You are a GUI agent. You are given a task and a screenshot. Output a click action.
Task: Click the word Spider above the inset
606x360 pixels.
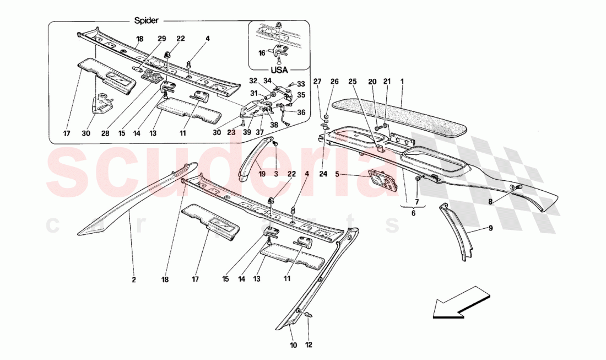(147, 20)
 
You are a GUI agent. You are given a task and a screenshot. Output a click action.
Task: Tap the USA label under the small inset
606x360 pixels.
(279, 71)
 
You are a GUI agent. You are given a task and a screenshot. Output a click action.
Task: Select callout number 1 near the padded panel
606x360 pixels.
(402, 82)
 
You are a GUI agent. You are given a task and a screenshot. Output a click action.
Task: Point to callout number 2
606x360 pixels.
(133, 280)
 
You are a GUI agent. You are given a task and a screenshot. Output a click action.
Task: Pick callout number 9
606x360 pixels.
(490, 227)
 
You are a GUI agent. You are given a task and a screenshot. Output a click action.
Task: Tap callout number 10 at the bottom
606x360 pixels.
(293, 346)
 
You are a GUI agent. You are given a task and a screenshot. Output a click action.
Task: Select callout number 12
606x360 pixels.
(309, 346)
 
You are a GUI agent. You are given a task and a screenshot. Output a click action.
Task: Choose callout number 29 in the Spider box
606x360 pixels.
(161, 39)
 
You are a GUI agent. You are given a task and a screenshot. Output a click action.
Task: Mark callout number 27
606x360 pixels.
(317, 82)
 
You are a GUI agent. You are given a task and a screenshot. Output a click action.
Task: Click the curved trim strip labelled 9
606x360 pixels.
(458, 232)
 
